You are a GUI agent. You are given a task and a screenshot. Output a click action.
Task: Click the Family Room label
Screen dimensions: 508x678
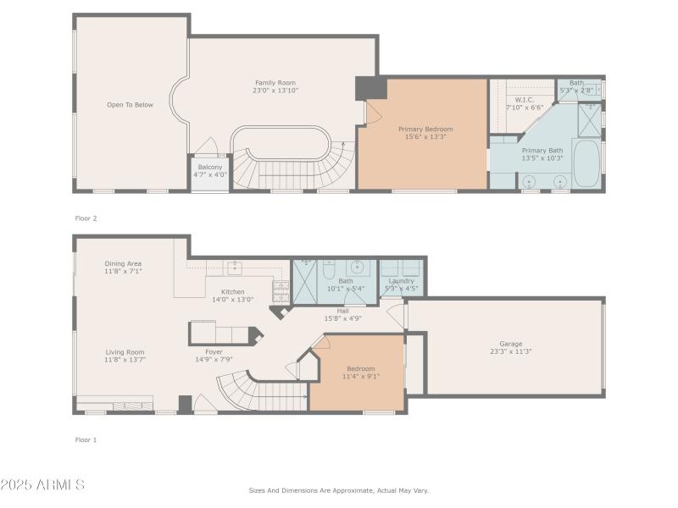coord(275,82)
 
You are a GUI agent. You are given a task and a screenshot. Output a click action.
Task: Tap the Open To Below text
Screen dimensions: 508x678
coord(130,105)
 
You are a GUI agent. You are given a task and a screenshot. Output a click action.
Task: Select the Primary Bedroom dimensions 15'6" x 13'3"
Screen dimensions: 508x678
coord(426,136)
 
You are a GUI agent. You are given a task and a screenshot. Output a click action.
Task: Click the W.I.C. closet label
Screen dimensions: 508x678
coord(524,100)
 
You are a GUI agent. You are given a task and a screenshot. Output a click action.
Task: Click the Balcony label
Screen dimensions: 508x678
coord(210,167)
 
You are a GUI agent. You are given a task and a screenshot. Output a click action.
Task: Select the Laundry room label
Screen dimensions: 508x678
coord(401,280)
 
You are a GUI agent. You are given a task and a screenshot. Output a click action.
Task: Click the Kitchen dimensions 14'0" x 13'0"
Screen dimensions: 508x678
coord(232,299)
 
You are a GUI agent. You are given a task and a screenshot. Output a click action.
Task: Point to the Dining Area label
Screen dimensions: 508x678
coord(123,263)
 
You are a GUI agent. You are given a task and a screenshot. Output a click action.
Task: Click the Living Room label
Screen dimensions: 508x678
coord(125,352)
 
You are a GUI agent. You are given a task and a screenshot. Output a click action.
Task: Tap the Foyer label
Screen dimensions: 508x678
coord(214,351)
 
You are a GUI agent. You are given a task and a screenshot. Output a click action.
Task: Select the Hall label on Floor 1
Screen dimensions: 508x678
coord(342,311)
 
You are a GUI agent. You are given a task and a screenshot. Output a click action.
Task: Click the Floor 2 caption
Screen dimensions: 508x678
coord(86,218)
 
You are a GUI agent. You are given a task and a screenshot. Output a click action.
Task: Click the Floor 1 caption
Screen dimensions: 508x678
coord(86,439)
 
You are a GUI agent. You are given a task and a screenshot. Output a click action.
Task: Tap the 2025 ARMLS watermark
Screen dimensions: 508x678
coord(42,485)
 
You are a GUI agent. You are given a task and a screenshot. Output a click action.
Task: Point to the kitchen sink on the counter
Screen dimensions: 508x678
coord(233,268)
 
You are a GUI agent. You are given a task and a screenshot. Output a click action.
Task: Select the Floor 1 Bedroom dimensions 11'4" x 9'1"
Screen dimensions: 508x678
coord(361,376)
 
